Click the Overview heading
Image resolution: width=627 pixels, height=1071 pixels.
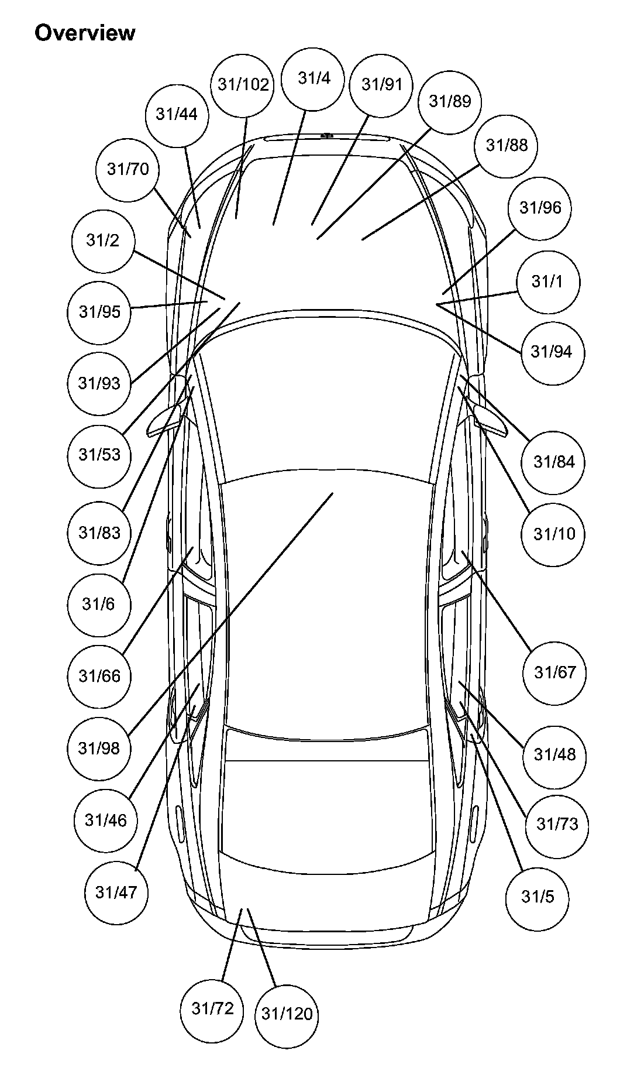pos(85,33)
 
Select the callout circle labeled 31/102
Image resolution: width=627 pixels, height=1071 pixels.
pos(243,85)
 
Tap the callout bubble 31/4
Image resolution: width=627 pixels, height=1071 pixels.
pos(313,78)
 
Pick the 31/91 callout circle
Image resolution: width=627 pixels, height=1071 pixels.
pos(381,85)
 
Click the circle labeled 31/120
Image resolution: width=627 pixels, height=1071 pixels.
pos(287,1014)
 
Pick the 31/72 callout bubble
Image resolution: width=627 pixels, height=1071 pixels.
pos(212,1008)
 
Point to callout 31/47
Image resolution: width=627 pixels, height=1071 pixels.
pos(116,893)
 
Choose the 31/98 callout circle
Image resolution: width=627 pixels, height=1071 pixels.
pos(99,748)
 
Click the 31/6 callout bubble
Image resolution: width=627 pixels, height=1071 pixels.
pos(98,604)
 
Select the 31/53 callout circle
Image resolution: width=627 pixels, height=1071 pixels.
pos(99,455)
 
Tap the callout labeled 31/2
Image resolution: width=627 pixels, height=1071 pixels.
pos(103,241)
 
